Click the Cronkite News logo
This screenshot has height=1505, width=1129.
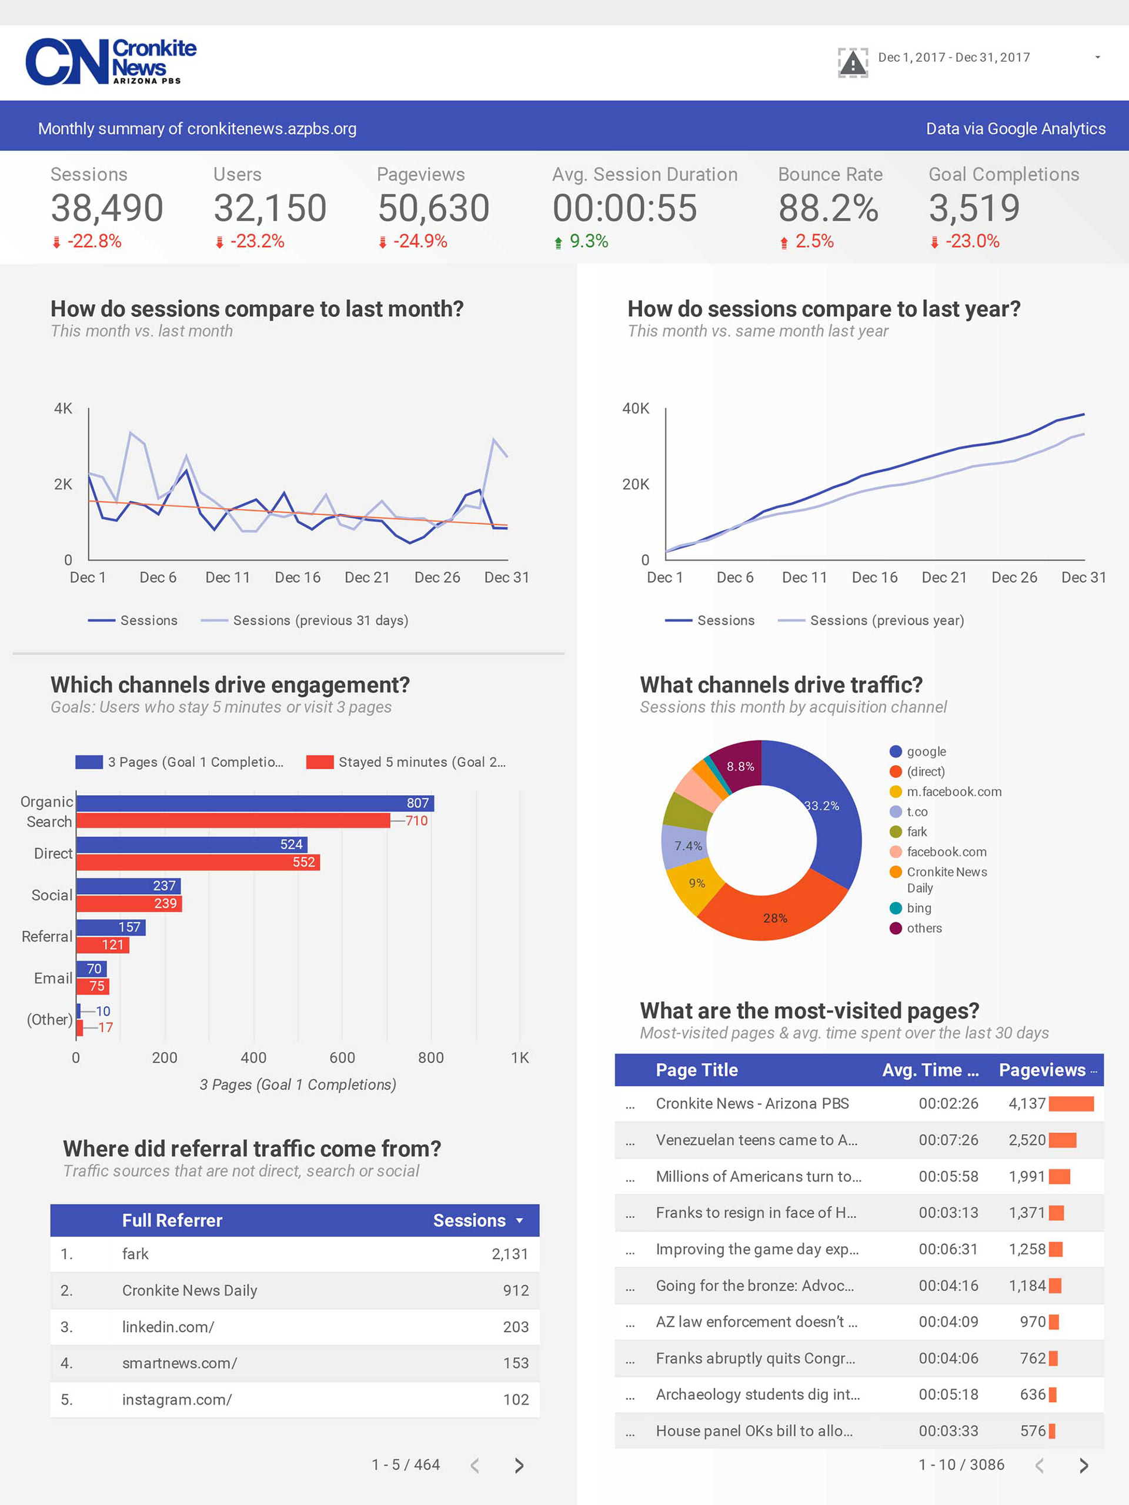point(110,62)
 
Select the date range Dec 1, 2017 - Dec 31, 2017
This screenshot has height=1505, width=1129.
point(954,58)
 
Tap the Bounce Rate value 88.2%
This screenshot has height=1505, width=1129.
point(828,208)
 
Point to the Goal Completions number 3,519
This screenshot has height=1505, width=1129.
point(974,208)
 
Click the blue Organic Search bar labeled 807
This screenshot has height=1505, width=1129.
point(255,803)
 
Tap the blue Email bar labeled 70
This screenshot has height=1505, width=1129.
point(91,969)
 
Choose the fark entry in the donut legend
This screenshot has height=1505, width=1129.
point(916,832)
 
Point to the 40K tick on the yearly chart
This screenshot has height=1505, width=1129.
point(635,408)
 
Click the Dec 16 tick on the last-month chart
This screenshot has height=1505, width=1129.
point(297,578)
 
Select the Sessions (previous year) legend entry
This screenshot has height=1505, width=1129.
point(886,620)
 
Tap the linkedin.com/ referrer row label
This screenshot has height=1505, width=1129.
point(168,1327)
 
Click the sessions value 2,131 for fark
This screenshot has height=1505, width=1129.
point(509,1254)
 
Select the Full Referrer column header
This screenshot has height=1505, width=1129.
point(172,1220)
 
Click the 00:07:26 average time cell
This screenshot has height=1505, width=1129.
point(948,1140)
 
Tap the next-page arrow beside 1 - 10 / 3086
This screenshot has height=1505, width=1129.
point(1084,1466)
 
